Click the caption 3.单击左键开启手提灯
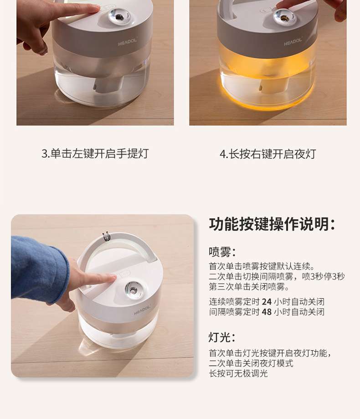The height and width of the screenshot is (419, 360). (95, 154)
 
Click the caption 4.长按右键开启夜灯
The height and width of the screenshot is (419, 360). (268, 154)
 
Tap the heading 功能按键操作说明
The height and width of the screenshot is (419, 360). (272, 224)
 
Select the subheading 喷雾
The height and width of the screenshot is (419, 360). (222, 252)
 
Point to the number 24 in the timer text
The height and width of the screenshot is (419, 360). (267, 302)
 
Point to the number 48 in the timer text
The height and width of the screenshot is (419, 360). (267, 312)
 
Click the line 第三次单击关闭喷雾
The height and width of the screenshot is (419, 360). (249, 287)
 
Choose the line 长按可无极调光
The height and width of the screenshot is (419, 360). (238, 373)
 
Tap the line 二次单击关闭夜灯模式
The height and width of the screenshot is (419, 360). (251, 363)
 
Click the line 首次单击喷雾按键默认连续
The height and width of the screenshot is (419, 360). (262, 266)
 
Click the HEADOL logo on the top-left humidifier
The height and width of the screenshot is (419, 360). (128, 41)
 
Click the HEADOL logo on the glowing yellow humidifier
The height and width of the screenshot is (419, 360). (293, 41)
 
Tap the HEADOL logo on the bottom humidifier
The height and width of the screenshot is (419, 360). (142, 310)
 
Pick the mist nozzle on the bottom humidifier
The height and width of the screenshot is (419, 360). (133, 290)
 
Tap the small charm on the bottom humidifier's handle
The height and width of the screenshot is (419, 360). (106, 236)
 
